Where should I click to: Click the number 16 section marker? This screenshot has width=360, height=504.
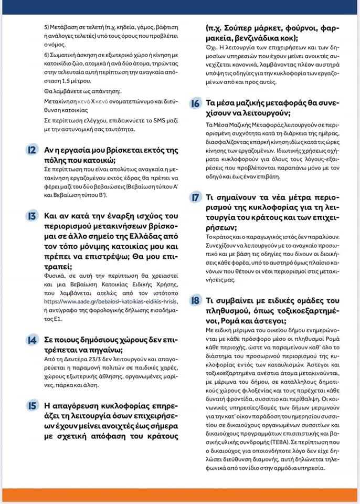195,103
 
